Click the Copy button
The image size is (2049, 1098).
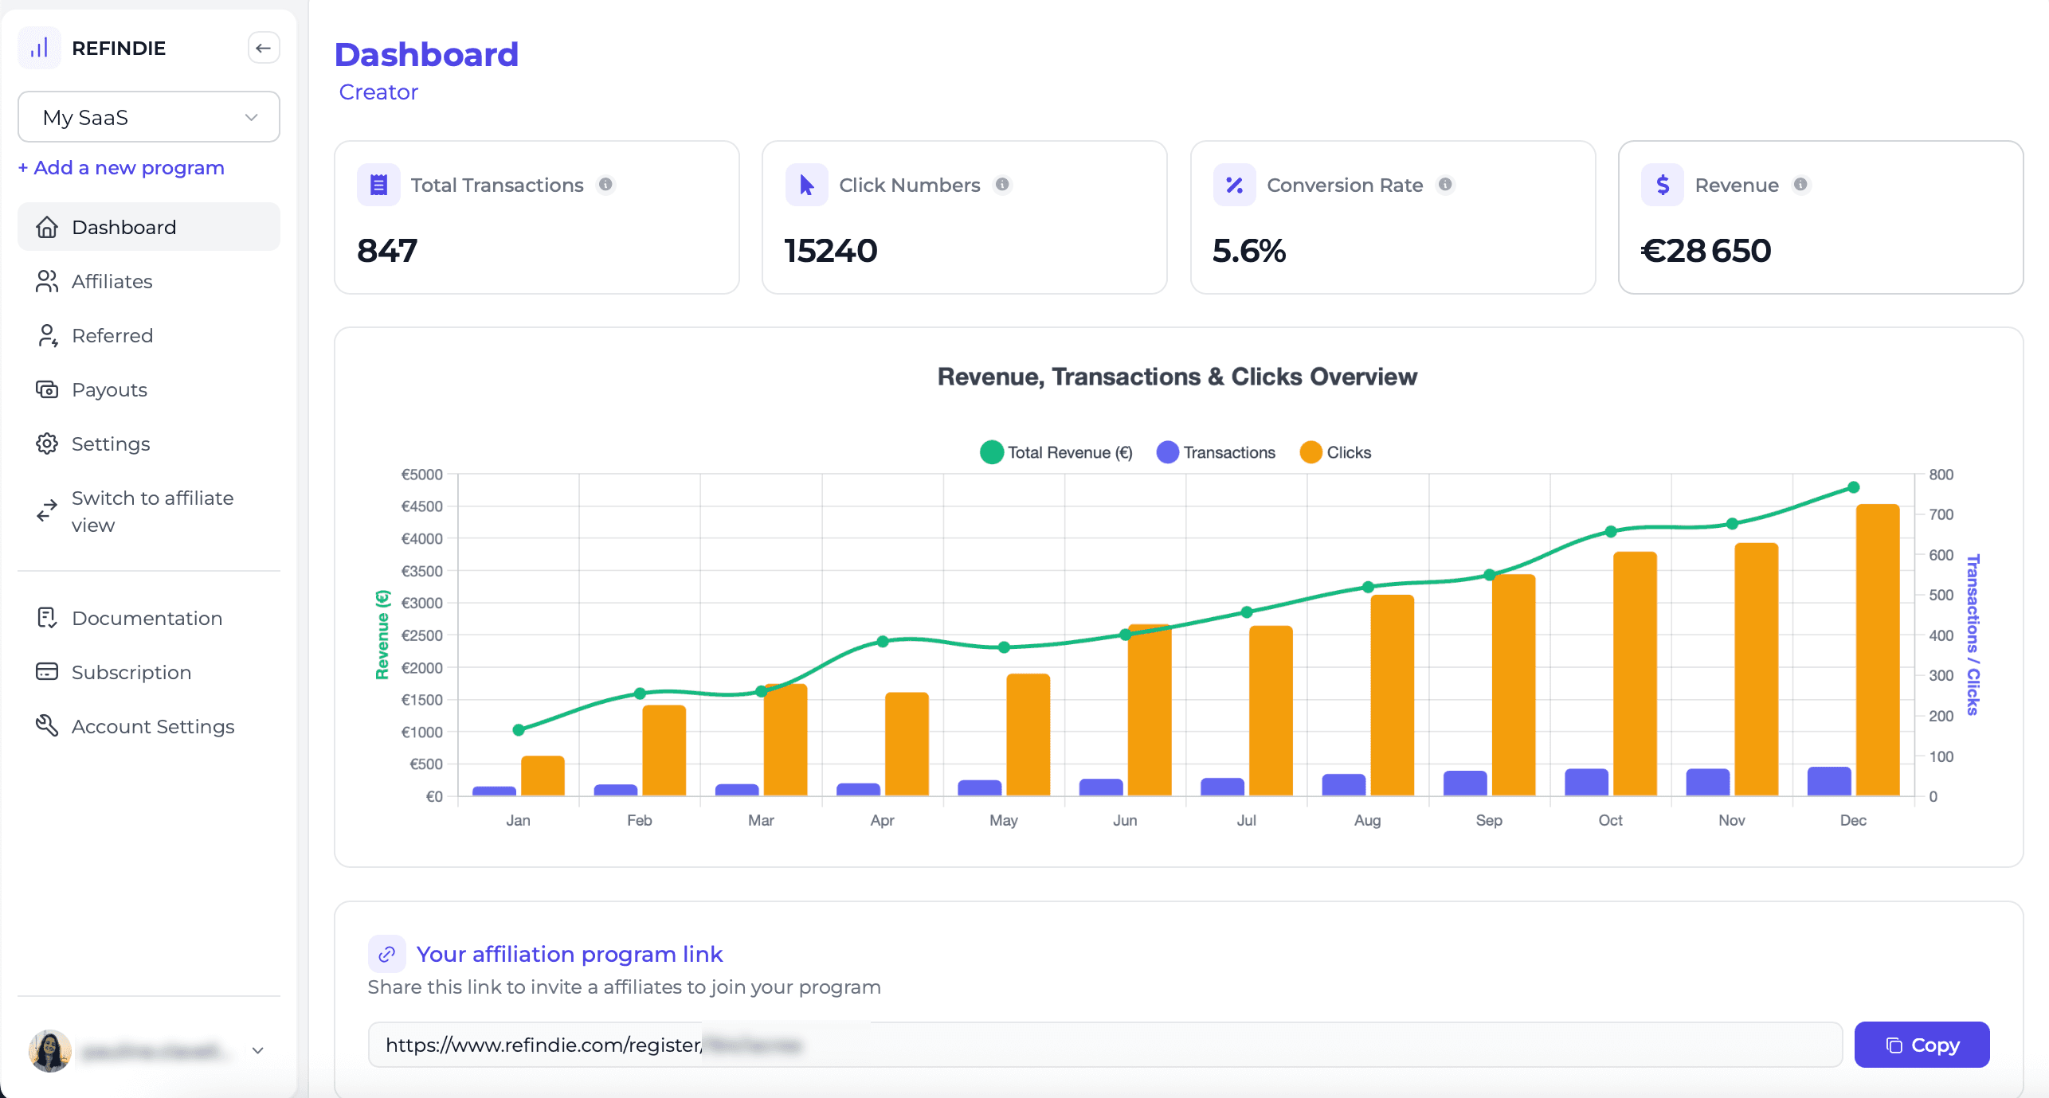pos(1921,1045)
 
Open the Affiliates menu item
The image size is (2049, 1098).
pos(112,281)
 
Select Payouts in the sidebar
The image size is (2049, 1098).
pos(109,389)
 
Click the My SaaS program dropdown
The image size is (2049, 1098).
pos(149,117)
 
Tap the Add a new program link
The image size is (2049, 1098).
pos(121,168)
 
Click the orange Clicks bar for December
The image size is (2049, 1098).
pos(1877,649)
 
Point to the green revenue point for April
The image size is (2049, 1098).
pos(882,641)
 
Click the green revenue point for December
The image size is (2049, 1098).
pos(1853,487)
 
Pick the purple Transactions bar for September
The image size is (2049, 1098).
pos(1464,783)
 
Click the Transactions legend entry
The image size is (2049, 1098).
pos(1216,452)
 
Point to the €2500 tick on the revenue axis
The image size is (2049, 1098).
pos(421,635)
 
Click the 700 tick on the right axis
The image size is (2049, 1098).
pos(1940,514)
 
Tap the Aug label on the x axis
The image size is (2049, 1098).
pos(1367,820)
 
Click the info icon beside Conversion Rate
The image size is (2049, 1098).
pos(1444,185)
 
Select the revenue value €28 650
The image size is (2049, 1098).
pos(1706,251)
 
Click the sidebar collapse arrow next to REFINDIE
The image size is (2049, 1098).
pos(263,48)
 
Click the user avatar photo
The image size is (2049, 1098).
pos(49,1050)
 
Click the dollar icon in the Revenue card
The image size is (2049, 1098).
pos(1662,185)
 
